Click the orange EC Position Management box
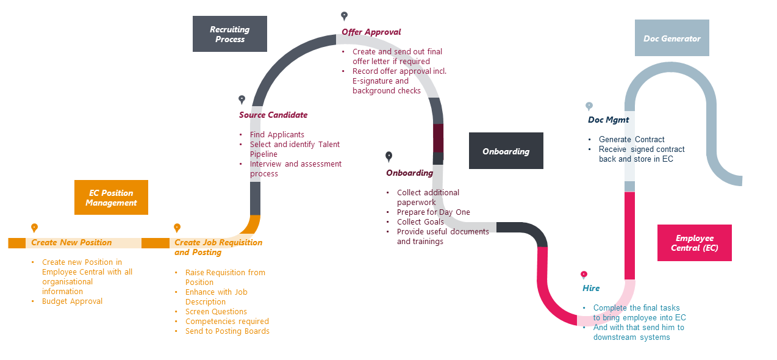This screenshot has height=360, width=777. point(111,197)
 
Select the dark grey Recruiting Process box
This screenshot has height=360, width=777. point(230,34)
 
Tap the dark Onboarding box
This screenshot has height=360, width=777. point(506,151)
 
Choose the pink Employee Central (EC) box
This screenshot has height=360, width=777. point(694,243)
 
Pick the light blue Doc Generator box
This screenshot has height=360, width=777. point(671,38)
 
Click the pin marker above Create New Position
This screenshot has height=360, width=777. point(35,228)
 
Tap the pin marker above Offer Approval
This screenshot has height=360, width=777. point(344,16)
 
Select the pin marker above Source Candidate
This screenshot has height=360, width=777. point(242,99)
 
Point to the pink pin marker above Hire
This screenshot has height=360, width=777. point(584,275)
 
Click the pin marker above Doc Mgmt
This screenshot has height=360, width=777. point(589,106)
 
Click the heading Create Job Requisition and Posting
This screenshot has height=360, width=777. point(218,247)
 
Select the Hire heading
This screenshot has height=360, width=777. point(591,288)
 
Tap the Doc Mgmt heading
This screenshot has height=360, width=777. point(608,120)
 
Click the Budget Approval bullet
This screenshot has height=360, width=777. point(72,301)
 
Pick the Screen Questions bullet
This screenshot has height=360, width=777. point(216,311)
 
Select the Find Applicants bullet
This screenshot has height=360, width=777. point(277,134)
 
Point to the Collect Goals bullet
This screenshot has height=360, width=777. point(420,221)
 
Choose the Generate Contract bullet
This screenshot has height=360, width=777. point(631,139)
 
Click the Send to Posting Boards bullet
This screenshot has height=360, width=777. point(227,331)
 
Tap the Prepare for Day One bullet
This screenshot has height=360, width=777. point(433,212)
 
